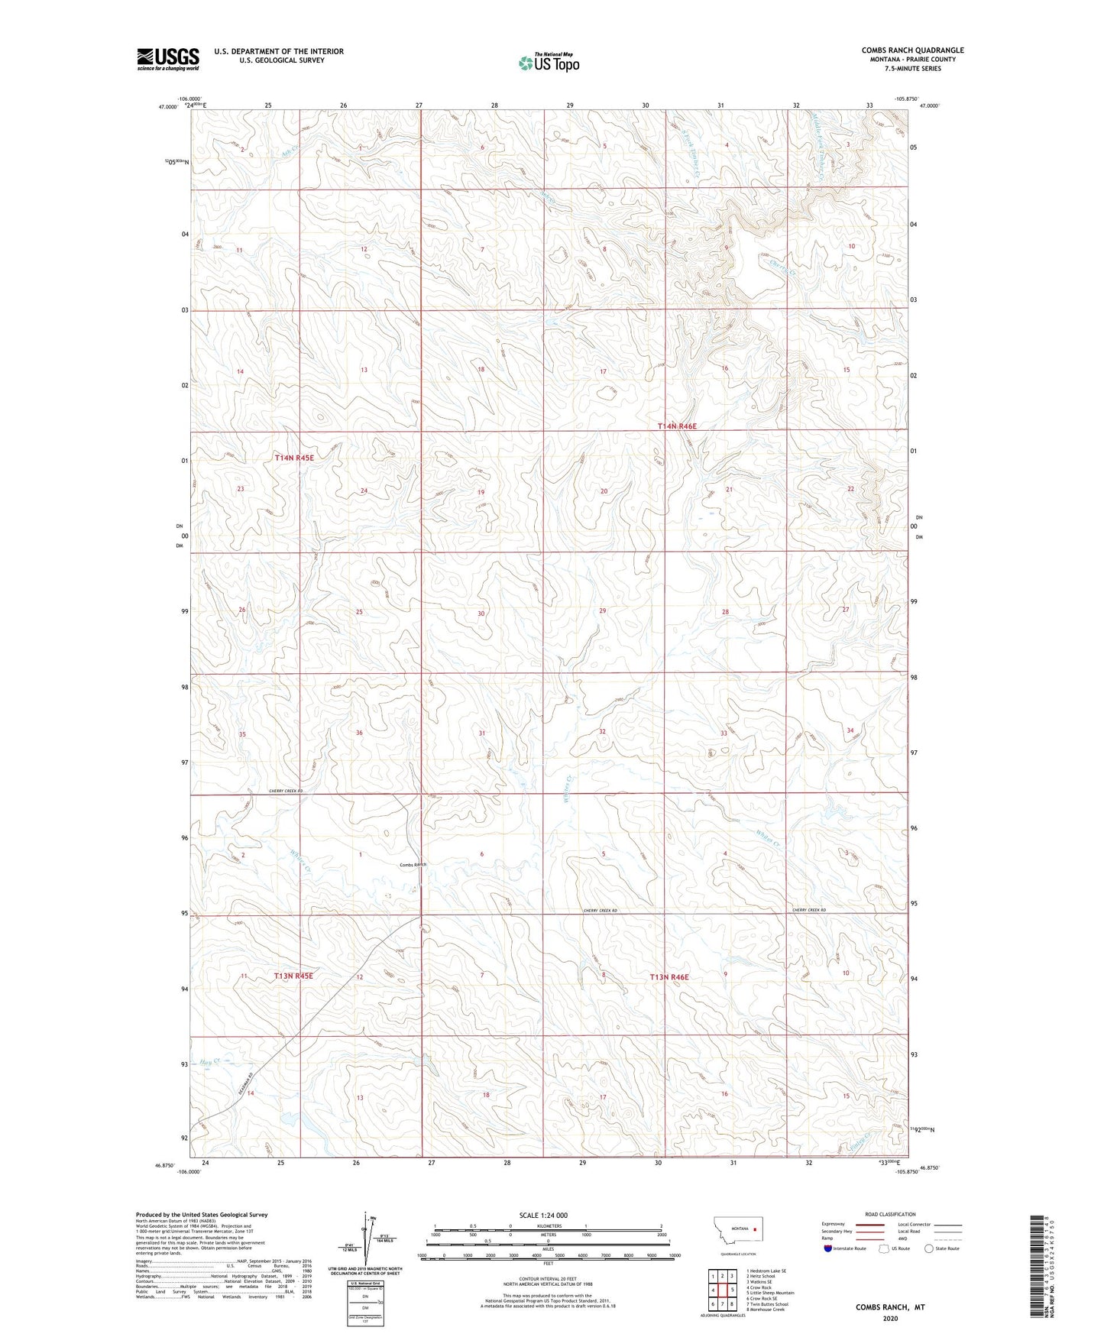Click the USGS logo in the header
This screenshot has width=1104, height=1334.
pos(168,59)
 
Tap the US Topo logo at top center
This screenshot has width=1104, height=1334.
pos(548,63)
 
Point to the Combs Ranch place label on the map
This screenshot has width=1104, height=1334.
pos(413,865)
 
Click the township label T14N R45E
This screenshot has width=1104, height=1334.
pos(294,458)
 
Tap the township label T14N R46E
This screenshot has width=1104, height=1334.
pos(677,426)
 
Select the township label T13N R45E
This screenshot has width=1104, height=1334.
pos(294,976)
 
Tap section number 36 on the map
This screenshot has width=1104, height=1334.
pos(359,733)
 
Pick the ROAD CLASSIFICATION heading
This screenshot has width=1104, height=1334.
pos(890,1214)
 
